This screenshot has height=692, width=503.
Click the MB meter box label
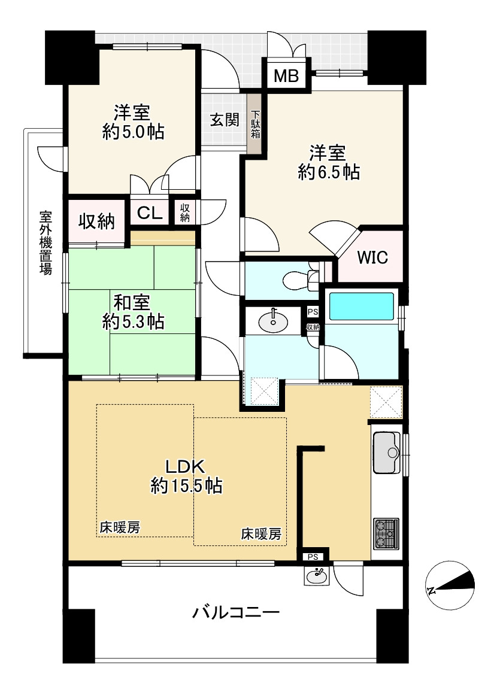(x=286, y=76)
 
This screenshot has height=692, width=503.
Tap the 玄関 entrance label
(x=225, y=120)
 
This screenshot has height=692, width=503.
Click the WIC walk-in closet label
(x=372, y=257)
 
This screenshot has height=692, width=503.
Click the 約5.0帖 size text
(x=133, y=132)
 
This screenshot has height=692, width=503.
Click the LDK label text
(x=186, y=466)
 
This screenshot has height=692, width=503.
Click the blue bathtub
(x=362, y=306)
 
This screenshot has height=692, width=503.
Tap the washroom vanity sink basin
(x=273, y=322)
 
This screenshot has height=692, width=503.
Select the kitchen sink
(x=386, y=445)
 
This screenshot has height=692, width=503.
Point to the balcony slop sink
(x=316, y=576)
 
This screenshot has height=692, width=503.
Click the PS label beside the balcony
(x=313, y=557)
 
